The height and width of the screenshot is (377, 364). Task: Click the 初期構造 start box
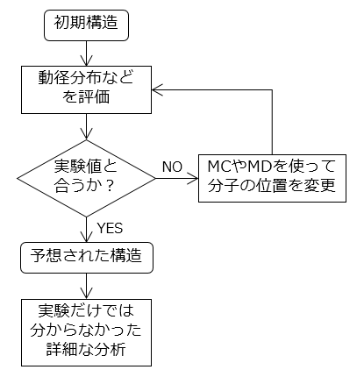click(86, 25)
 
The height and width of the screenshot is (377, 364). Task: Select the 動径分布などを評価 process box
click(86, 89)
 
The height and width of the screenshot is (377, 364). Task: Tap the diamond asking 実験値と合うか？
click(86, 178)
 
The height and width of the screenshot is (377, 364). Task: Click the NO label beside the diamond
click(172, 167)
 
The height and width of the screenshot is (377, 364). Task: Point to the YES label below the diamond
click(110, 228)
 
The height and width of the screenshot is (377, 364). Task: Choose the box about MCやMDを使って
click(272, 178)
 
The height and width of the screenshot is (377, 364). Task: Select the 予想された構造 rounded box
click(87, 258)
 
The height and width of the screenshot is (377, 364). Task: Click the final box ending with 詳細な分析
click(86, 332)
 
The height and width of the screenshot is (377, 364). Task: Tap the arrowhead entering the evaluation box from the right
click(157, 89)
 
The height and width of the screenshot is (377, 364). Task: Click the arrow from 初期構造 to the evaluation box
click(86, 53)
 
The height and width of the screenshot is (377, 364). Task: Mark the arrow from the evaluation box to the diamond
click(86, 127)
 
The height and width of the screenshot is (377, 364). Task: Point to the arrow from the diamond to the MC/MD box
click(177, 178)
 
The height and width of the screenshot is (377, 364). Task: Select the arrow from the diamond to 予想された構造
click(86, 230)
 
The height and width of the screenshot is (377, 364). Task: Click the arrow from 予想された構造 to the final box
click(86, 286)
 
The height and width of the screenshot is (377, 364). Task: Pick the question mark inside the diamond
click(110, 186)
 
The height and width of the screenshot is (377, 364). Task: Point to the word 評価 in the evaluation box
click(94, 97)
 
